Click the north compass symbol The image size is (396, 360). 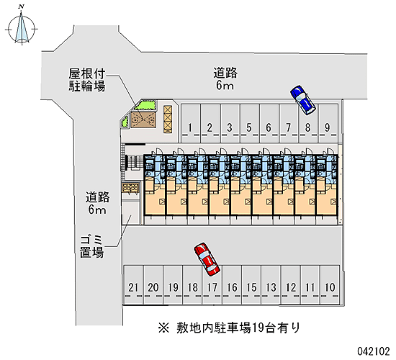click(x=22, y=27)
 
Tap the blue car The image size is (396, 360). click(x=303, y=100)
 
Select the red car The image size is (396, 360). click(x=207, y=259)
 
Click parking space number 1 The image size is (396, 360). click(x=191, y=123)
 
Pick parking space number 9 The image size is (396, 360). click(x=328, y=123)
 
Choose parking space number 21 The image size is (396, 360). click(x=133, y=284)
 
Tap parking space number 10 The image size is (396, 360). click(x=330, y=284)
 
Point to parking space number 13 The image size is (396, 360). click(x=271, y=284)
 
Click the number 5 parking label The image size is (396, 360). click(x=249, y=127)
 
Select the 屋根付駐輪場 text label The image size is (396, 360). click(x=87, y=80)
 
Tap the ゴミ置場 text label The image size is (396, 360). click(x=91, y=246)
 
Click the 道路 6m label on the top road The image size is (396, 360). click(x=225, y=78)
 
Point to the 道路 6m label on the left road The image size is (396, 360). click(x=97, y=203)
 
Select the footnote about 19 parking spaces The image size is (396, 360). click(x=229, y=328)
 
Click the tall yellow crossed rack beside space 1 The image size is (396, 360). click(x=168, y=119)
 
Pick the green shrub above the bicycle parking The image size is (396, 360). click(x=145, y=105)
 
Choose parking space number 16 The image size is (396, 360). click(x=232, y=284)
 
